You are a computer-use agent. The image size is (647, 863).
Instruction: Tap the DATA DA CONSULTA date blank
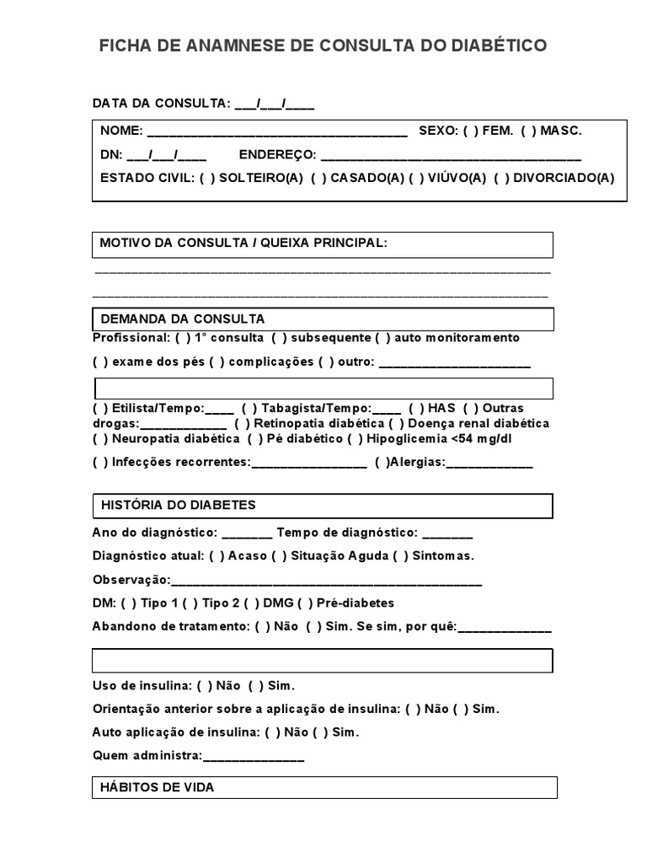click(x=274, y=104)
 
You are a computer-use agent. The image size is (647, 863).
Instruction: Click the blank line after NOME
click(x=276, y=132)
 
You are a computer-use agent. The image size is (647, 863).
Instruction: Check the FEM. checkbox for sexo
click(x=470, y=131)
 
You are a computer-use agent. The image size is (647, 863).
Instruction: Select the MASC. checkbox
click(x=528, y=131)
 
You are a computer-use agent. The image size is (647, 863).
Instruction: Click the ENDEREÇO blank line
click(x=451, y=156)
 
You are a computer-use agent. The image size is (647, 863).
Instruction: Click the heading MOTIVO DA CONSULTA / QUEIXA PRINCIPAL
click(x=243, y=243)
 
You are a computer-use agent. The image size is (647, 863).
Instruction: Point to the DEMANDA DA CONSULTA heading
click(x=183, y=319)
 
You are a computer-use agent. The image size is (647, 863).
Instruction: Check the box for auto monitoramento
click(x=382, y=338)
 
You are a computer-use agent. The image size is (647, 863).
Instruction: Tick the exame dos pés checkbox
click(x=100, y=363)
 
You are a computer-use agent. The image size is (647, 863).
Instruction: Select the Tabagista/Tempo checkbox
click(x=249, y=408)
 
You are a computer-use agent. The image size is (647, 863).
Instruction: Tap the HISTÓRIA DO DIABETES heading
click(x=179, y=505)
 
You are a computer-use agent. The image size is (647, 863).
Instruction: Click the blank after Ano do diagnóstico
click(x=248, y=534)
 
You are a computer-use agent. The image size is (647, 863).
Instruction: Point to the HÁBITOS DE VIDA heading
click(x=158, y=787)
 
